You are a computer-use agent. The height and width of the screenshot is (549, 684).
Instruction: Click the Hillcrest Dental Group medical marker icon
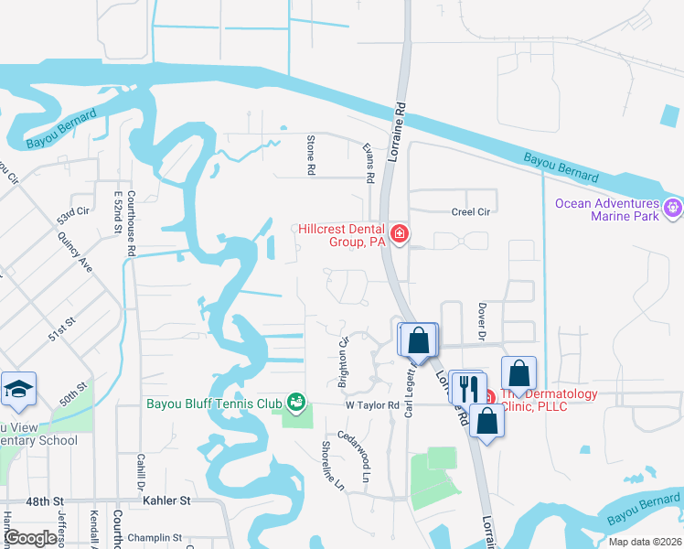[x=399, y=235]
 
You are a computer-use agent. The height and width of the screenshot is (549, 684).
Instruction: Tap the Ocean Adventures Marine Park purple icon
[x=673, y=209]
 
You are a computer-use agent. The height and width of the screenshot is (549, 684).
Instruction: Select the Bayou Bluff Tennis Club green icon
[x=295, y=401]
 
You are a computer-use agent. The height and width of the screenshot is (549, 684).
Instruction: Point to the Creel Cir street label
[x=470, y=211]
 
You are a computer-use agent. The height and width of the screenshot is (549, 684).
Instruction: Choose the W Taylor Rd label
[x=372, y=404]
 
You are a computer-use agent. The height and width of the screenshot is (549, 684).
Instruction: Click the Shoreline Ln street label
[x=330, y=464]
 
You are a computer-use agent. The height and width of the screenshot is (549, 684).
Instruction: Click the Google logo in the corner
[x=31, y=538]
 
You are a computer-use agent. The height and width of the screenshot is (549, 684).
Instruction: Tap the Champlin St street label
[x=155, y=538]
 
